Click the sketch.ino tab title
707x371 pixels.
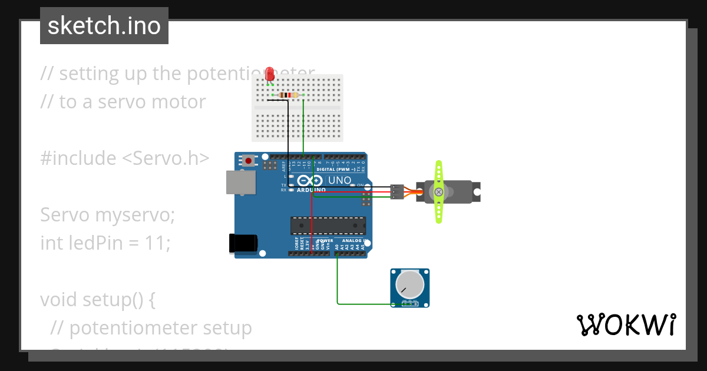click(x=104, y=26)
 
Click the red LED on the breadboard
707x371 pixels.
click(x=270, y=74)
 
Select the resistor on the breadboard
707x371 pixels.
click(x=288, y=95)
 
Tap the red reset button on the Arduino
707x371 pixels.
click(x=249, y=160)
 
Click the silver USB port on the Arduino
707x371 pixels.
click(x=241, y=183)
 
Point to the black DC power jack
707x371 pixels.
click(x=243, y=243)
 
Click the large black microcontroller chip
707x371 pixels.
click(x=328, y=226)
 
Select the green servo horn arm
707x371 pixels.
click(x=438, y=192)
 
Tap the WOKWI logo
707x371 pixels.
click(x=625, y=324)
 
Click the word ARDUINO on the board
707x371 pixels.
click(x=310, y=190)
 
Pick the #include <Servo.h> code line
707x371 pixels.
click(x=124, y=158)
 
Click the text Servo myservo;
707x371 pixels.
click(x=107, y=214)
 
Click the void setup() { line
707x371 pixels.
click(x=97, y=299)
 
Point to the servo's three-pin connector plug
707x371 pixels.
click(x=397, y=192)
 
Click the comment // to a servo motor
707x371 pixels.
click(x=123, y=101)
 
